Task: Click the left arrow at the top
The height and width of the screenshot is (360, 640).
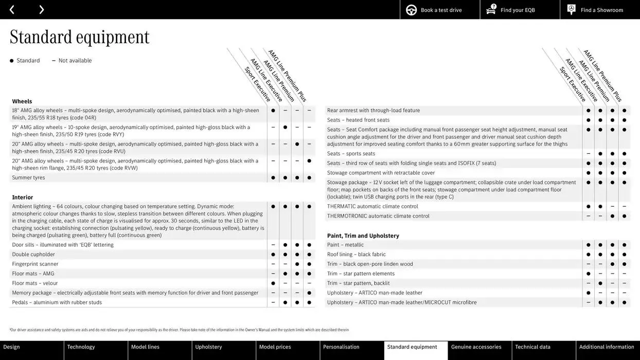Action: tap(12, 9)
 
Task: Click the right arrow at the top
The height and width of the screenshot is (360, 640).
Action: tap(41, 9)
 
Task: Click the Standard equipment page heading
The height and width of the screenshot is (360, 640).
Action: tap(79, 37)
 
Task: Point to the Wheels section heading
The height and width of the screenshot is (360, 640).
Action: tap(22, 101)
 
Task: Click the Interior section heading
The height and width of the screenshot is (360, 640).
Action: tap(23, 197)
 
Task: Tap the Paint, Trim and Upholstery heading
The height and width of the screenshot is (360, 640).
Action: tap(363, 236)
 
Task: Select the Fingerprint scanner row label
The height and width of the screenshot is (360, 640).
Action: tap(35, 264)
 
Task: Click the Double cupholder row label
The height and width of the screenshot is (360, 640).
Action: tap(33, 254)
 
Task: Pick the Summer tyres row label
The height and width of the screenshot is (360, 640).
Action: tap(28, 177)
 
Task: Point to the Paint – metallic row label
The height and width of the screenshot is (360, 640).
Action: tap(345, 245)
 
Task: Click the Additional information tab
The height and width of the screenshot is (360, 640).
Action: tap(607, 347)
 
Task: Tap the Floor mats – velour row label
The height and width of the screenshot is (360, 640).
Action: tap(34, 283)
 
